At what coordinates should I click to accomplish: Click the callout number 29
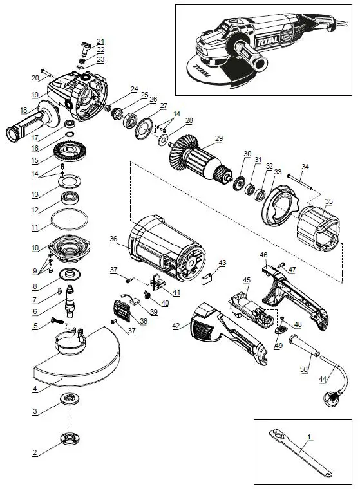219,138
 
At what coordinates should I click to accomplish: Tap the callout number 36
114,239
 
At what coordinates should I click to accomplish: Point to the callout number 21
100,41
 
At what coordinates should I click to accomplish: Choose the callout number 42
176,326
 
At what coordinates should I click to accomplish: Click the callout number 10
35,248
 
